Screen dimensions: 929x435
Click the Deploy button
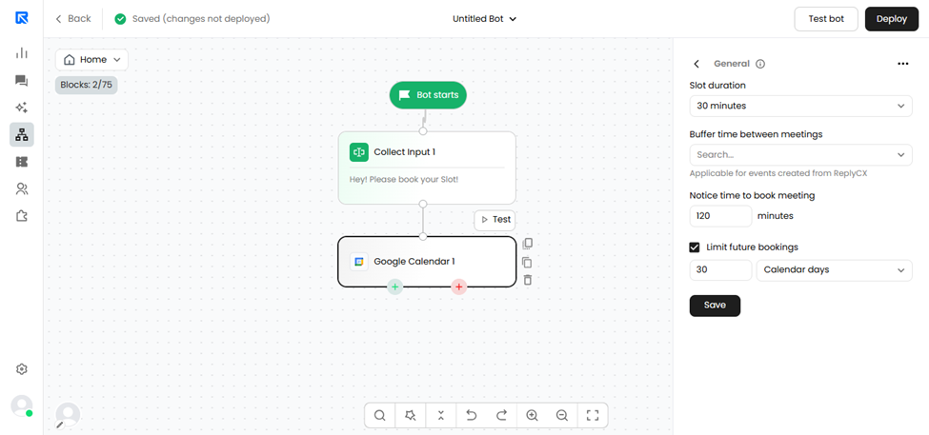click(892, 19)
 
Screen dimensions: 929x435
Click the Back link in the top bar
click(73, 19)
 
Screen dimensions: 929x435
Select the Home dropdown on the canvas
click(91, 60)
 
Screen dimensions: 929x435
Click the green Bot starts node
click(428, 94)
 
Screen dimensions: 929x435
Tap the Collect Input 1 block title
click(405, 152)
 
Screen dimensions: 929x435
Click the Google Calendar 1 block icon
click(358, 262)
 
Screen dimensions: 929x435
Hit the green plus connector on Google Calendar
click(395, 287)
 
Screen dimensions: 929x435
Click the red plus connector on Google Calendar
click(458, 287)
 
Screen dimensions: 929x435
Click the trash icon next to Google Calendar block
click(527, 279)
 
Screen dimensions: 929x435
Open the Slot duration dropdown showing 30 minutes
click(800, 106)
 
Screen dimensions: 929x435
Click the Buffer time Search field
click(800, 154)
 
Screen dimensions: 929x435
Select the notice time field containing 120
click(720, 216)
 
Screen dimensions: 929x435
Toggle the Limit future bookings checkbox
click(695, 247)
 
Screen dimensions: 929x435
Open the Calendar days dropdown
click(835, 270)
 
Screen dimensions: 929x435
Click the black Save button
click(715, 306)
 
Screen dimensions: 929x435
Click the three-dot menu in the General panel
click(903, 64)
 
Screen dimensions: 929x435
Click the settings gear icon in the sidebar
click(22, 369)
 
